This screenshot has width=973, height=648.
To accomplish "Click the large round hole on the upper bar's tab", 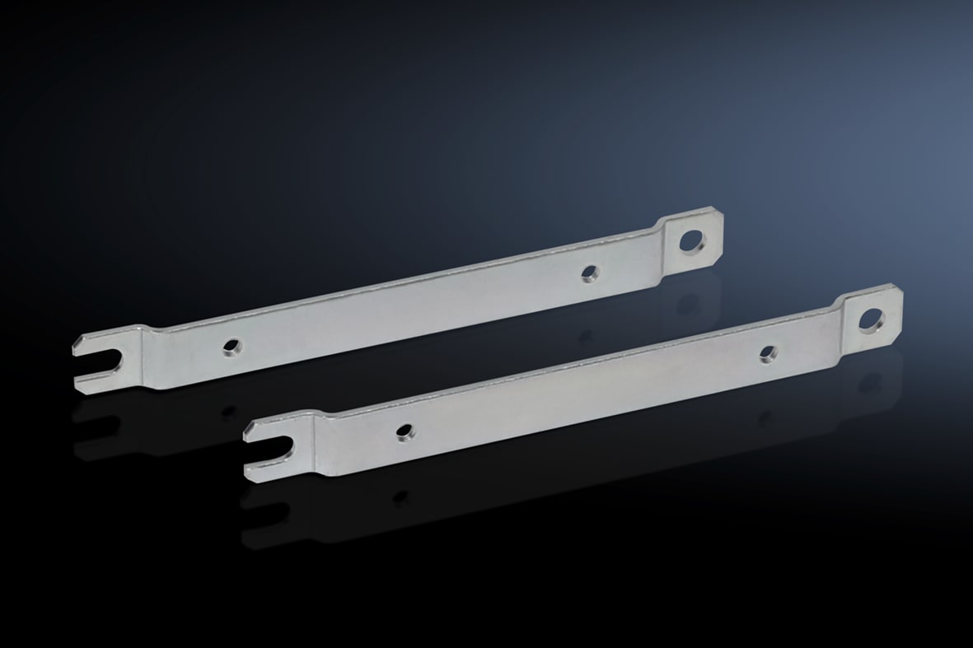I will click(x=692, y=240).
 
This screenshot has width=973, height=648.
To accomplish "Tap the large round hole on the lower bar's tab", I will click(x=872, y=319).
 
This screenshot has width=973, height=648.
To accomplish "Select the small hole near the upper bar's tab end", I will click(x=588, y=273).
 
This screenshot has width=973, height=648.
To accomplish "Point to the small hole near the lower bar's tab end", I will click(x=768, y=353).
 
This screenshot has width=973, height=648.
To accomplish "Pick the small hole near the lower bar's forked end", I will click(x=405, y=431).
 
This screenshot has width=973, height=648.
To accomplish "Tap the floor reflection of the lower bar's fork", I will click(x=272, y=519).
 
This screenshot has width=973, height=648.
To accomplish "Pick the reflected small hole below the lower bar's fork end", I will click(x=400, y=496).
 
